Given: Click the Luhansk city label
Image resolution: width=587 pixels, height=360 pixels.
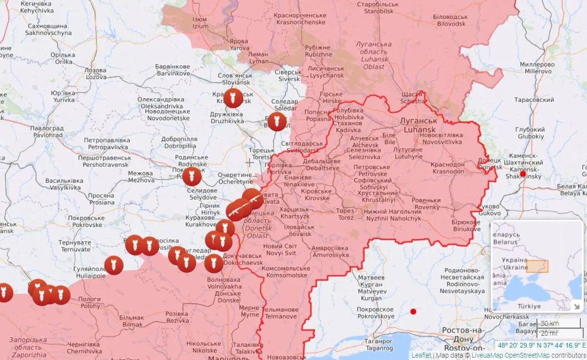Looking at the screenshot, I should (419, 125).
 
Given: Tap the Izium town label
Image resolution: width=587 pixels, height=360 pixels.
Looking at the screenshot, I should (200, 23).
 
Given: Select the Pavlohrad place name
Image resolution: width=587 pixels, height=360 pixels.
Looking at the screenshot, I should (46, 132).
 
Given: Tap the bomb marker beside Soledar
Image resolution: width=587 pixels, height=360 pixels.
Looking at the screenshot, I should (277, 122).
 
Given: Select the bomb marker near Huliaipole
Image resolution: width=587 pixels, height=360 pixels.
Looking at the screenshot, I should (114, 265).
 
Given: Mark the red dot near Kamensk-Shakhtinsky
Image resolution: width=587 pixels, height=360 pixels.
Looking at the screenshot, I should (523, 175).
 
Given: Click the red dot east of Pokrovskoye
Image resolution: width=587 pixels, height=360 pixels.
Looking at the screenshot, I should (413, 311).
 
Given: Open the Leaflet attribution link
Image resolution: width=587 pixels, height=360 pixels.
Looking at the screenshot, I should (421, 355).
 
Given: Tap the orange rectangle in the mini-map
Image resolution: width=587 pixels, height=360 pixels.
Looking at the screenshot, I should (537, 266).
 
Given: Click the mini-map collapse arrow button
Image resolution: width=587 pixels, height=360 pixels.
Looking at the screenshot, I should (577, 306).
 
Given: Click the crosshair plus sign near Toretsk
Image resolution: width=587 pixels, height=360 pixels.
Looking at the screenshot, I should (249, 163).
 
